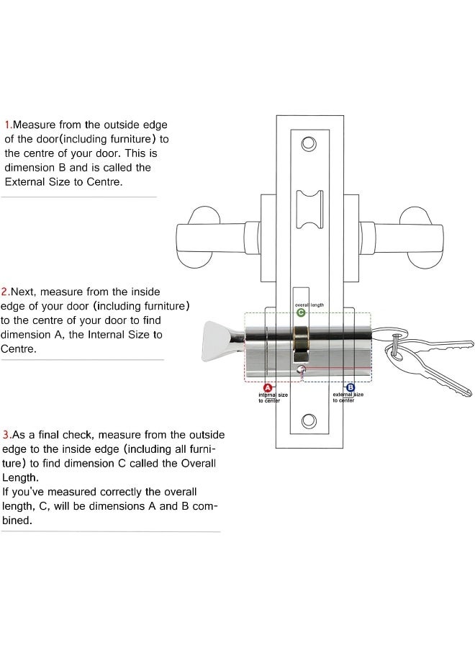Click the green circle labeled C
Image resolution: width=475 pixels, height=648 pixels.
(302, 312)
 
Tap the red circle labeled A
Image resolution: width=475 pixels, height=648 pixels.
(268, 388)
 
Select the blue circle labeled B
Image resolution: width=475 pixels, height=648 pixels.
(350, 388)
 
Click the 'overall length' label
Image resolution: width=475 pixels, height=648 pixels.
(309, 305)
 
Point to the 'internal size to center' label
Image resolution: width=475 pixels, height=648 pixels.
(273, 397)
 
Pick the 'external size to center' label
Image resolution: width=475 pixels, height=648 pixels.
(347, 397)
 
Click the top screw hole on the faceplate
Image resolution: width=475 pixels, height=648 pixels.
(309, 143)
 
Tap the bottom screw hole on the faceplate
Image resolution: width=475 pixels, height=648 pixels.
(309, 420)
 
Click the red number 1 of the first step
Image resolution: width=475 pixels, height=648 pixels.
(8, 125)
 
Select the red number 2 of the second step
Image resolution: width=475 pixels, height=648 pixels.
(4, 292)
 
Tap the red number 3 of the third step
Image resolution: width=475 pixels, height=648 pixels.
(6, 436)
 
